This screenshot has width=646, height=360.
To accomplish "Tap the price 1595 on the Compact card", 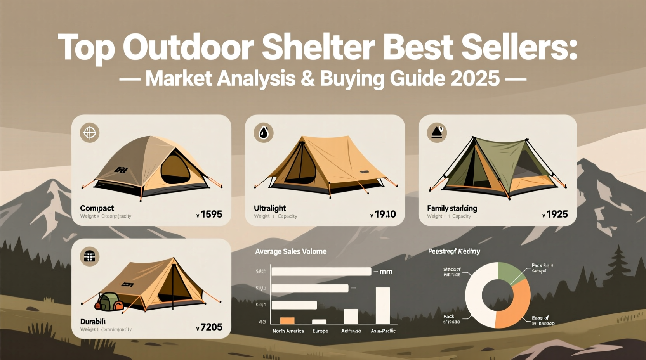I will coord(211,214).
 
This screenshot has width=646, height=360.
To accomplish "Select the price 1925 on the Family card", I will coord(557,214).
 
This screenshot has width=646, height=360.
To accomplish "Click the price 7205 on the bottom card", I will coord(211,327).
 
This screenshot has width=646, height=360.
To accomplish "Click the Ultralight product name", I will coord(270,208).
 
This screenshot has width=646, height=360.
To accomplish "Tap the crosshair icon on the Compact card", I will coord(90,133).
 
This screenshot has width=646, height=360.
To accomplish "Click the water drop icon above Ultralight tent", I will coord(264,133).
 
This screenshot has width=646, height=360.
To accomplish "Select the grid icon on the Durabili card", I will coord(90,256).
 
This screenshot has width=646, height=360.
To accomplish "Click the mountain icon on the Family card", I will coord(437,133).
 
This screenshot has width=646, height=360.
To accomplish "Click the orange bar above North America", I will coord(287,320).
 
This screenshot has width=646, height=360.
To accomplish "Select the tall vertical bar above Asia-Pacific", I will coord(382,305).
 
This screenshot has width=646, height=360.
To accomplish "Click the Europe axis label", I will coord(320,331).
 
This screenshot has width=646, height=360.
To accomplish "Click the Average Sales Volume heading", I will coord(290,251).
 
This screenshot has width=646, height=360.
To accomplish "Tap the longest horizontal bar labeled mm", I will coord(321,272).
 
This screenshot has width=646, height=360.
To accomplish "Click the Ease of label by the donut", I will coord(540,318).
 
